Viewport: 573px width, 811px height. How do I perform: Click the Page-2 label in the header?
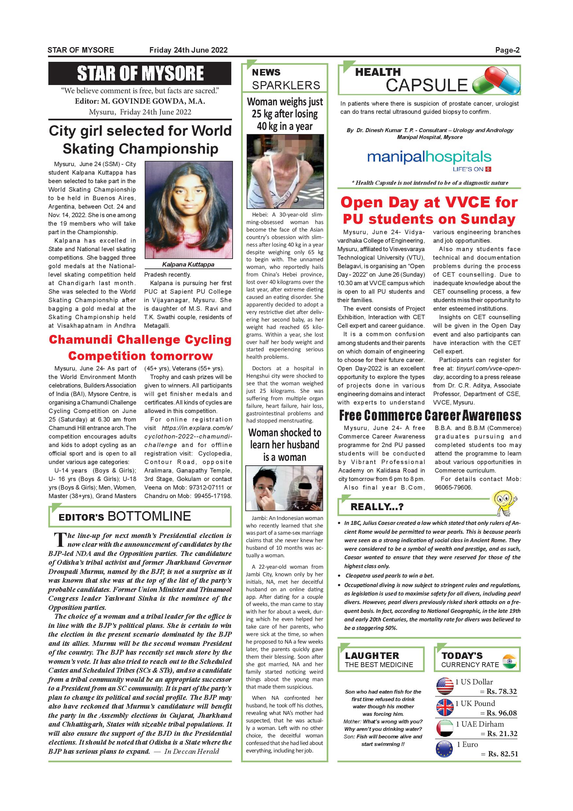[x=507, y=50]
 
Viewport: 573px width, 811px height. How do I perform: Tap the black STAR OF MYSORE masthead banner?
[x=140, y=74]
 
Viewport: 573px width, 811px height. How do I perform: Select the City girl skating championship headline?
[x=140, y=140]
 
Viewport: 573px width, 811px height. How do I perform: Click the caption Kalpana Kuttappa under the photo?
[x=188, y=264]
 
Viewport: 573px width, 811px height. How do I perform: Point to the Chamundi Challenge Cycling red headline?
[x=140, y=347]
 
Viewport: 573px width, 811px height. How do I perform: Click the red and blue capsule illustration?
[x=497, y=80]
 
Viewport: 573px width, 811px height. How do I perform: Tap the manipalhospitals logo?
[x=429, y=159]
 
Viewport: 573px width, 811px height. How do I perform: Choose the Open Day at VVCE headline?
[x=429, y=211]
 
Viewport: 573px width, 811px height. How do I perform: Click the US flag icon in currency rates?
[x=445, y=686]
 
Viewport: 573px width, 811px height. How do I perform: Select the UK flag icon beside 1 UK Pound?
[x=445, y=708]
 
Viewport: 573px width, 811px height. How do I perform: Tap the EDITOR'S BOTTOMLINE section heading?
[x=125, y=516]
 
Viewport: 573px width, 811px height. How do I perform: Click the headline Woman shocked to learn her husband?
[x=285, y=445]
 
